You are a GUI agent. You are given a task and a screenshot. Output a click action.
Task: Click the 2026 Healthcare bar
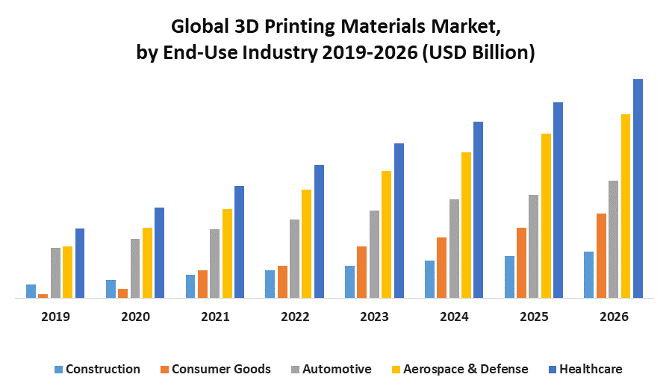point(638,188)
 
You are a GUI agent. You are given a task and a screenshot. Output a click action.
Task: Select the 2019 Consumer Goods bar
point(43,296)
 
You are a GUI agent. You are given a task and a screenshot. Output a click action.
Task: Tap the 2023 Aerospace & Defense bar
point(386,234)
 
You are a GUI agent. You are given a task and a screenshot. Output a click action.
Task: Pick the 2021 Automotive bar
point(215,264)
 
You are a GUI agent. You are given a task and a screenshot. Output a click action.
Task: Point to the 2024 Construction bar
point(429,279)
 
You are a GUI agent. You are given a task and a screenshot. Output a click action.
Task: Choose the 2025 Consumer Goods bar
point(521,263)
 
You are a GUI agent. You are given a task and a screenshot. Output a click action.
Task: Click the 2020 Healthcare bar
point(159,252)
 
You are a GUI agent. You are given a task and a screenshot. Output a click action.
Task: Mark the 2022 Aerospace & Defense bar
point(306,243)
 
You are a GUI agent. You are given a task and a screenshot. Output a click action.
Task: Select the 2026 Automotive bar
point(613,239)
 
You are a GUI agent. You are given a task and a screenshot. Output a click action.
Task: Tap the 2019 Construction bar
point(31,291)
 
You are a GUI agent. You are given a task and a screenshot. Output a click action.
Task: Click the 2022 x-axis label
point(295,317)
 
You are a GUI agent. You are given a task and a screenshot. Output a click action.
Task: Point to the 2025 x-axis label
point(534,317)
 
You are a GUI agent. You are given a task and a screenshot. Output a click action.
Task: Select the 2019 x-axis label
point(55,317)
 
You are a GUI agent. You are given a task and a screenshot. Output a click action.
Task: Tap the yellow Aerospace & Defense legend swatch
point(397,370)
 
